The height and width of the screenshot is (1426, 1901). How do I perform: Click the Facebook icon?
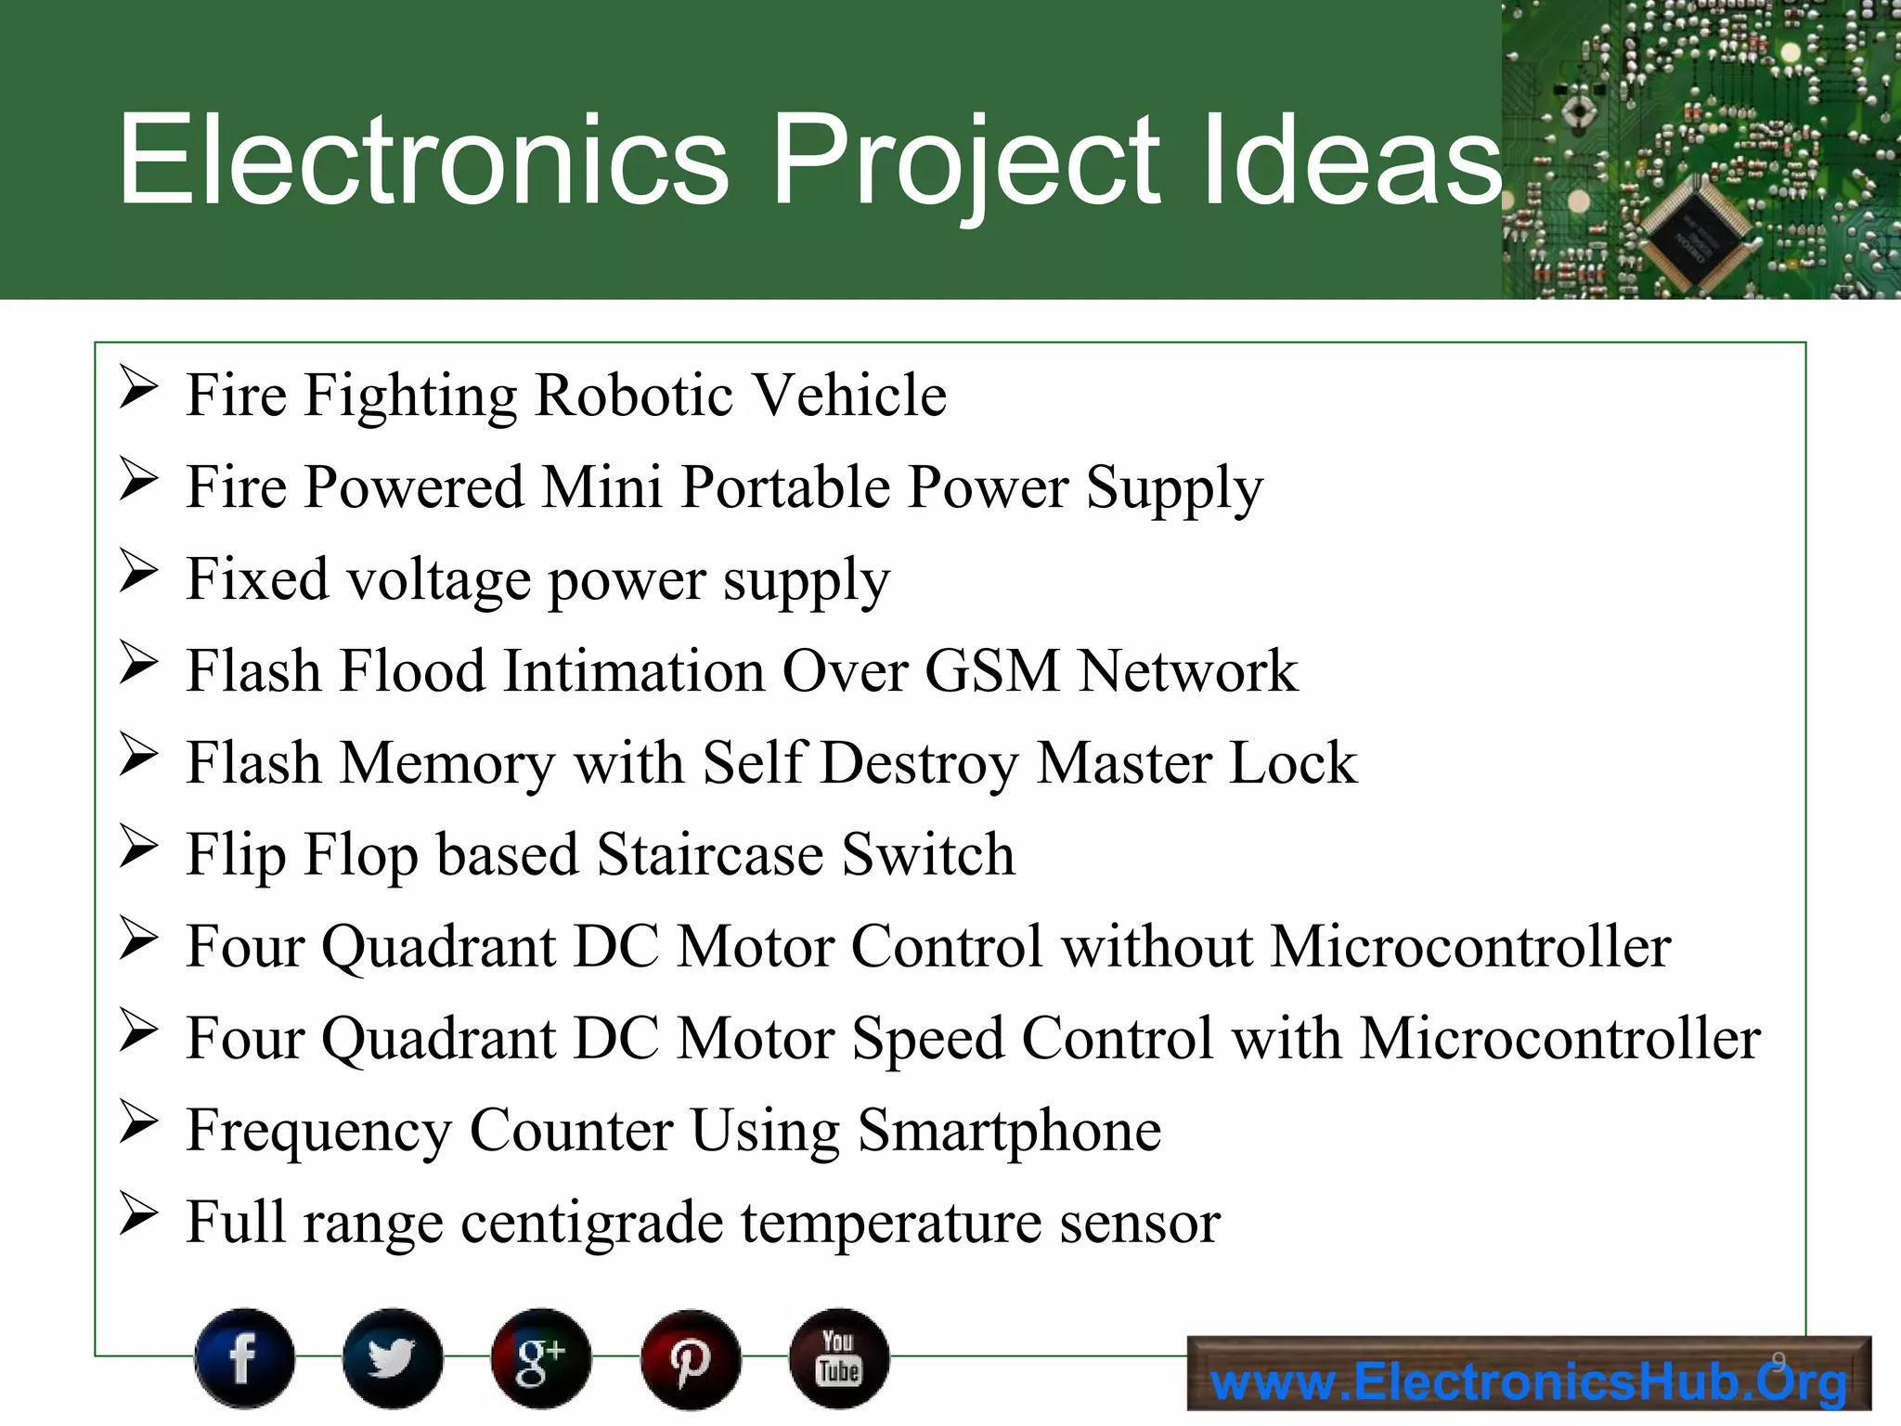point(244,1358)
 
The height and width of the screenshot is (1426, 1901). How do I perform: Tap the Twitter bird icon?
point(393,1358)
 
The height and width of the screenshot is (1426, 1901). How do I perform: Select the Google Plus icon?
point(541,1358)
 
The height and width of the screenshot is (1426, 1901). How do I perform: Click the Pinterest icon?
point(691,1358)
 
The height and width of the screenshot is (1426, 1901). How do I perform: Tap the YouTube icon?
point(839,1358)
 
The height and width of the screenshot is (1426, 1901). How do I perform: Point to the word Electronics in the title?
point(423,160)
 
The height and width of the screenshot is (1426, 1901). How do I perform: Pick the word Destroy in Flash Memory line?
point(919,763)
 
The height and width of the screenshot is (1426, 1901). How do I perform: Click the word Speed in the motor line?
point(927,1038)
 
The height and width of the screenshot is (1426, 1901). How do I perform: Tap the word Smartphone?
point(1009,1130)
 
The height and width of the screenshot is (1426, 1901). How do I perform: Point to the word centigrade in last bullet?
point(591,1223)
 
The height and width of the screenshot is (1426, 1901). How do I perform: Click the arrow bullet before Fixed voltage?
point(138,571)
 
